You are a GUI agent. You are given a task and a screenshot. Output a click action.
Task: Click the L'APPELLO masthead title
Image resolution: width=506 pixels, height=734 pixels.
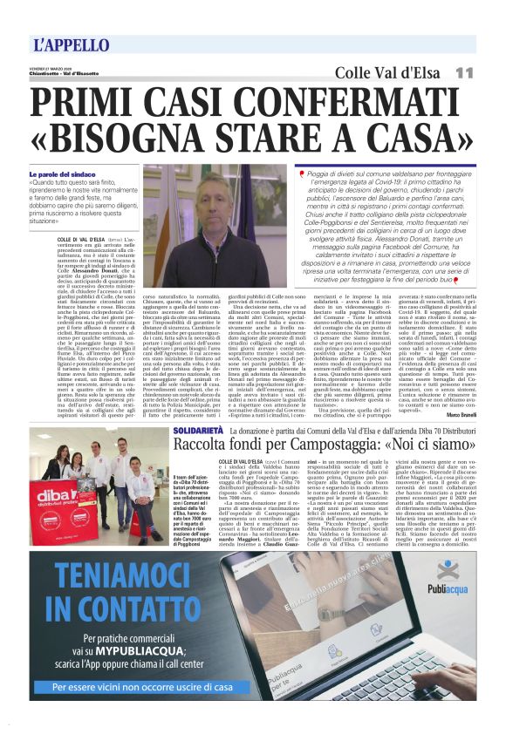pyautogui.click(x=72, y=44)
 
